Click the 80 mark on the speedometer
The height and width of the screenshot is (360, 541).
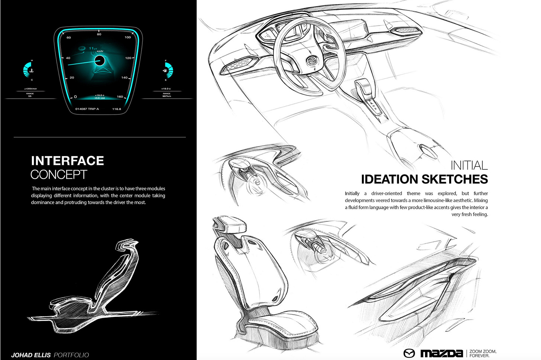[99, 34]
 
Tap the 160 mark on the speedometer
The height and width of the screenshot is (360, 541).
[120, 97]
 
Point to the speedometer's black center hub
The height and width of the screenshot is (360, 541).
[99, 61]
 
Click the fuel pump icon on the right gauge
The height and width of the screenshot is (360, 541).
[165, 70]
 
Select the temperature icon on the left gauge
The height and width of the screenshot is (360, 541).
[32, 70]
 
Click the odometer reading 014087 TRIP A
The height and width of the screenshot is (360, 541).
[87, 109]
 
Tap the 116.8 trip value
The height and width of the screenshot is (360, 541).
[117, 109]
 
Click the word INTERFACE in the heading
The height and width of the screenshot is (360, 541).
[67, 160]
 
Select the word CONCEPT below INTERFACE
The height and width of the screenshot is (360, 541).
[59, 175]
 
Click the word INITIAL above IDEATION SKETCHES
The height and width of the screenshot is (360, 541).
[469, 165]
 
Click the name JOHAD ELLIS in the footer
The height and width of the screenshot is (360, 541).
[31, 355]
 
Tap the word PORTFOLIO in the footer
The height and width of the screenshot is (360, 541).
[71, 355]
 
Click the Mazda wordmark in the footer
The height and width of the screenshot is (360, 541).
[441, 353]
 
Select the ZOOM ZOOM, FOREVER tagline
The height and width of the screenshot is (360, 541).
[483, 353]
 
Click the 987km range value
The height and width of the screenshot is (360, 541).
[166, 96]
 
